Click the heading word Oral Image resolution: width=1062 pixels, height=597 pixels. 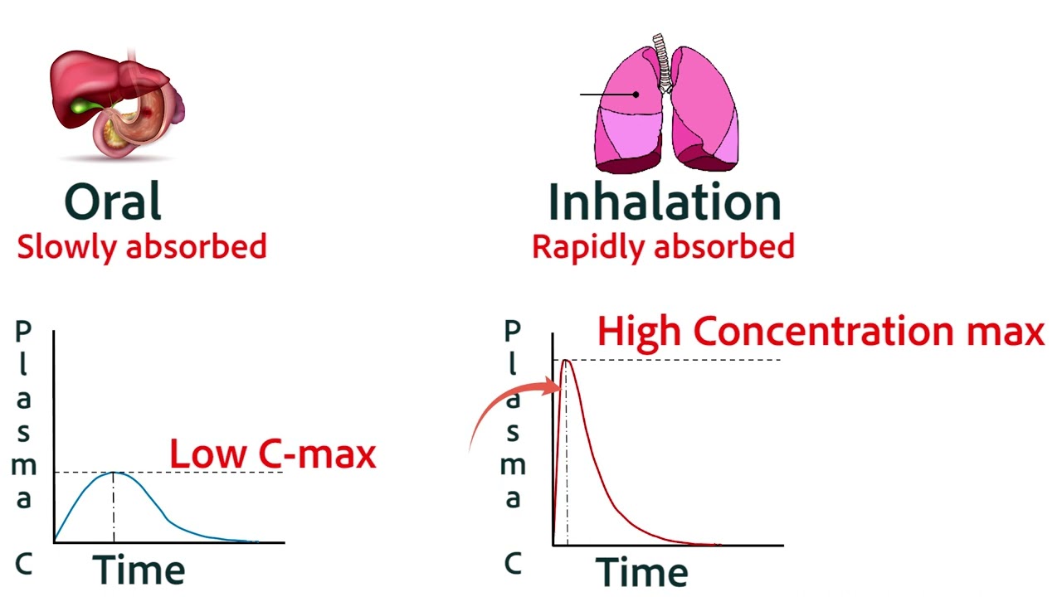113,201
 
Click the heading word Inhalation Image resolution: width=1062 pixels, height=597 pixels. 664,201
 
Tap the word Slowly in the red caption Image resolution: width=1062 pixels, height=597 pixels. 63,246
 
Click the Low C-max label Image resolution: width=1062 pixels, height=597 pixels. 273,454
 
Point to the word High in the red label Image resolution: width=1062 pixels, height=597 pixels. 641,331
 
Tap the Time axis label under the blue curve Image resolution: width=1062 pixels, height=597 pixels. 139,570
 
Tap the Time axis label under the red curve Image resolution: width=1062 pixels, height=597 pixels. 641,572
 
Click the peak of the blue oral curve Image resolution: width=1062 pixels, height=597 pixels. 114,472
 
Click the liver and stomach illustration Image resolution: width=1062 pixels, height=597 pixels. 116,104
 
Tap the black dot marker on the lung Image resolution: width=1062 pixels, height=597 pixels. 636,95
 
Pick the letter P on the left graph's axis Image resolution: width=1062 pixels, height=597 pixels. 23,331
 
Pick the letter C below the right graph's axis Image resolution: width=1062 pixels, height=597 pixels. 514,564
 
